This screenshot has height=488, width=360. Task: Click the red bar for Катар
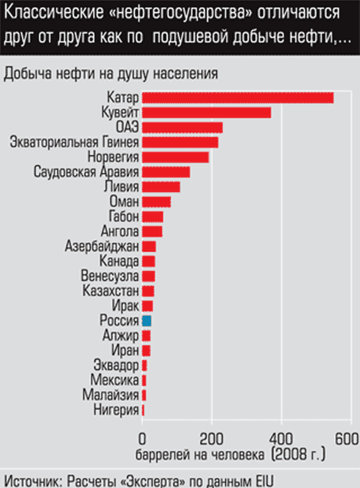coord(237,98)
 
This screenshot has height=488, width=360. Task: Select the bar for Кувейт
coord(206,113)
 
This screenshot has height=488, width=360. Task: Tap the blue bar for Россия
coord(147,321)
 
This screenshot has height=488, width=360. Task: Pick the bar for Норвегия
coord(175,157)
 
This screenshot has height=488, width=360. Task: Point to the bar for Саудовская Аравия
coord(166,172)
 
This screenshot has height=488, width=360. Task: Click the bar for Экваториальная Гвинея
coord(180,142)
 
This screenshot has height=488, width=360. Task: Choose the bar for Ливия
coord(161,187)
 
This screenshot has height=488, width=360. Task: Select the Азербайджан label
coord(102,246)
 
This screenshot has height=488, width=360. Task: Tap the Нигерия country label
coord(116,410)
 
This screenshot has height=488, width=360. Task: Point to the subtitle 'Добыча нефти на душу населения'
coord(110,74)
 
